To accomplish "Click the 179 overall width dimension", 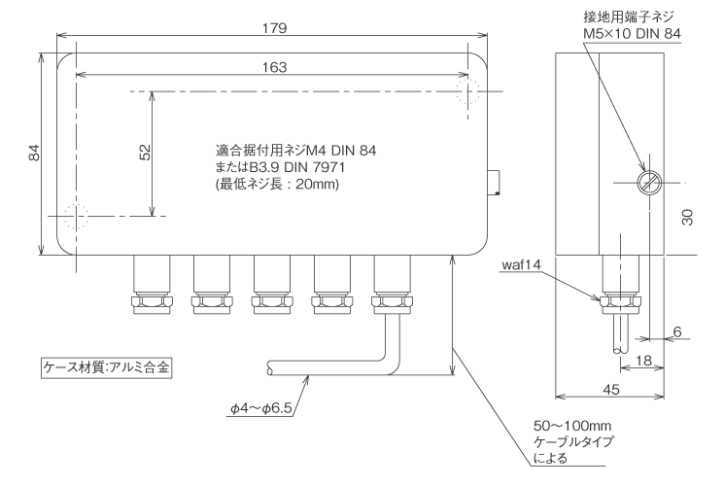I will [x=275, y=28].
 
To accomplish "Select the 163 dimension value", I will [x=275, y=66].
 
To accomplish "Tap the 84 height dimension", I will [x=33, y=154].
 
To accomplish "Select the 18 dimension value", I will [x=642, y=361].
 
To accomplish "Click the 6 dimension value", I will [x=676, y=331].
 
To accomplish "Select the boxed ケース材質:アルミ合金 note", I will [x=105, y=368].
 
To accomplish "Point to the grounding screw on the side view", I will [x=644, y=183].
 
